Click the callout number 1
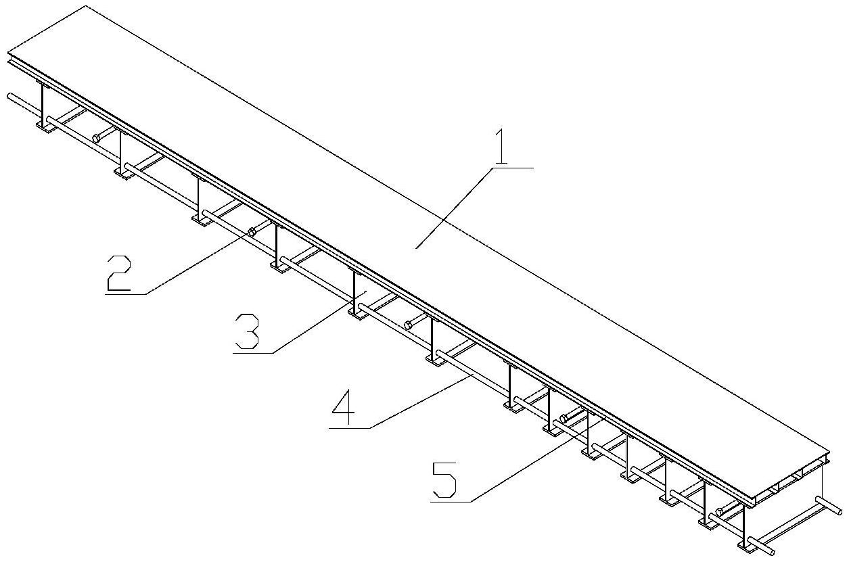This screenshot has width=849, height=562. (501, 146)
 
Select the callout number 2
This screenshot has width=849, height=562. (118, 273)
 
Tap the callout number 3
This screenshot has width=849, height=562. (247, 331)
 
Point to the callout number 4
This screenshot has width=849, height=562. (344, 407)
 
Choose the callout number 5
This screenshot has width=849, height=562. (444, 481)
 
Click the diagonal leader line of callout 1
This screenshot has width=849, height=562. (455, 208)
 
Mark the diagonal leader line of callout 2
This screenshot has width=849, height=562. (198, 262)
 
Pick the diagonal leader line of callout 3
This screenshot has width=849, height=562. (319, 323)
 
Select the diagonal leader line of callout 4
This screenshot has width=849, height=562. (421, 401)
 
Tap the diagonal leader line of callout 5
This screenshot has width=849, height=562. (536, 461)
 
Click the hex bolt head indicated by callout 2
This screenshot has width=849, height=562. (251, 231)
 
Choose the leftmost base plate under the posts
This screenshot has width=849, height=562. (46, 126)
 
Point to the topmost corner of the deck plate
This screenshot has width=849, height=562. (86, 5)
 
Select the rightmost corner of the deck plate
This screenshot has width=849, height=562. (829, 452)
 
